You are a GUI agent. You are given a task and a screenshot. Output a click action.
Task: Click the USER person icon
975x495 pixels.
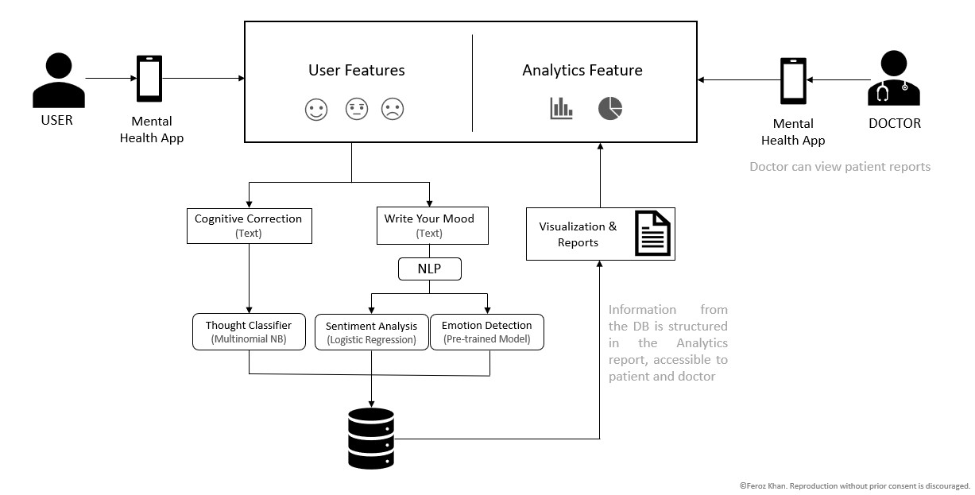pyautogui.click(x=58, y=81)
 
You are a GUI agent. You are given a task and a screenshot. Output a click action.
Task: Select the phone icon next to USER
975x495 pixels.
pyautogui.click(x=149, y=79)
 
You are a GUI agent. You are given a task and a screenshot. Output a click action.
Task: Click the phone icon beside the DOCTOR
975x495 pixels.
pyautogui.click(x=792, y=81)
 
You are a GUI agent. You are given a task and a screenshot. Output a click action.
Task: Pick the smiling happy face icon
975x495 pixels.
pyautogui.click(x=316, y=110)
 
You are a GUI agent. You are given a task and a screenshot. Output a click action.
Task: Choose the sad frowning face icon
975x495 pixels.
pyautogui.click(x=392, y=110)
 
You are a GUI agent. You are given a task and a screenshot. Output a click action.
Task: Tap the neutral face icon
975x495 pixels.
pyautogui.click(x=357, y=110)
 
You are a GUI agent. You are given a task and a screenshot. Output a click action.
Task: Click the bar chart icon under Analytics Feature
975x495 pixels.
pyautogui.click(x=561, y=109)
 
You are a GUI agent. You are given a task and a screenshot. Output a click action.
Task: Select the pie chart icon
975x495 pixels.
pyautogui.click(x=609, y=109)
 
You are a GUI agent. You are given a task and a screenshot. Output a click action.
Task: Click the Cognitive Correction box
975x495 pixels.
pyautogui.click(x=249, y=226)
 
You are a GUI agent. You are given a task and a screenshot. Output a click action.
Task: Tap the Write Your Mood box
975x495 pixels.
pyautogui.click(x=429, y=226)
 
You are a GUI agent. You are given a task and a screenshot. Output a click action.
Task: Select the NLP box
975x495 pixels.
pyautogui.click(x=429, y=269)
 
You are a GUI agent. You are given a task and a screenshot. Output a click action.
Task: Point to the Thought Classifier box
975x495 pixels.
pyautogui.click(x=249, y=332)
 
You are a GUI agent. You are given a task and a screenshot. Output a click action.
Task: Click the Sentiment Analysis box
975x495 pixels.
pyautogui.click(x=371, y=332)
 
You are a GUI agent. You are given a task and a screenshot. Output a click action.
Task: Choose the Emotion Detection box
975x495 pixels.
pyautogui.click(x=486, y=332)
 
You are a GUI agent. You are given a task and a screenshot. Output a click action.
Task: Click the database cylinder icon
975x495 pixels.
pyautogui.click(x=371, y=439)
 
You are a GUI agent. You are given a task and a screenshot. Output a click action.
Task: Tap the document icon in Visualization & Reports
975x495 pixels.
pyautogui.click(x=652, y=234)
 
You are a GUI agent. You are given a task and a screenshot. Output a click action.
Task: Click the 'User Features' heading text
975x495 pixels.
pyautogui.click(x=357, y=71)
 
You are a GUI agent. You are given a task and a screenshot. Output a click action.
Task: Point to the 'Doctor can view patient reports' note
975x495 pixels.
pyautogui.click(x=840, y=167)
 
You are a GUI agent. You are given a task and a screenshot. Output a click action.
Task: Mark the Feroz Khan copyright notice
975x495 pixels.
pyautogui.click(x=854, y=485)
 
